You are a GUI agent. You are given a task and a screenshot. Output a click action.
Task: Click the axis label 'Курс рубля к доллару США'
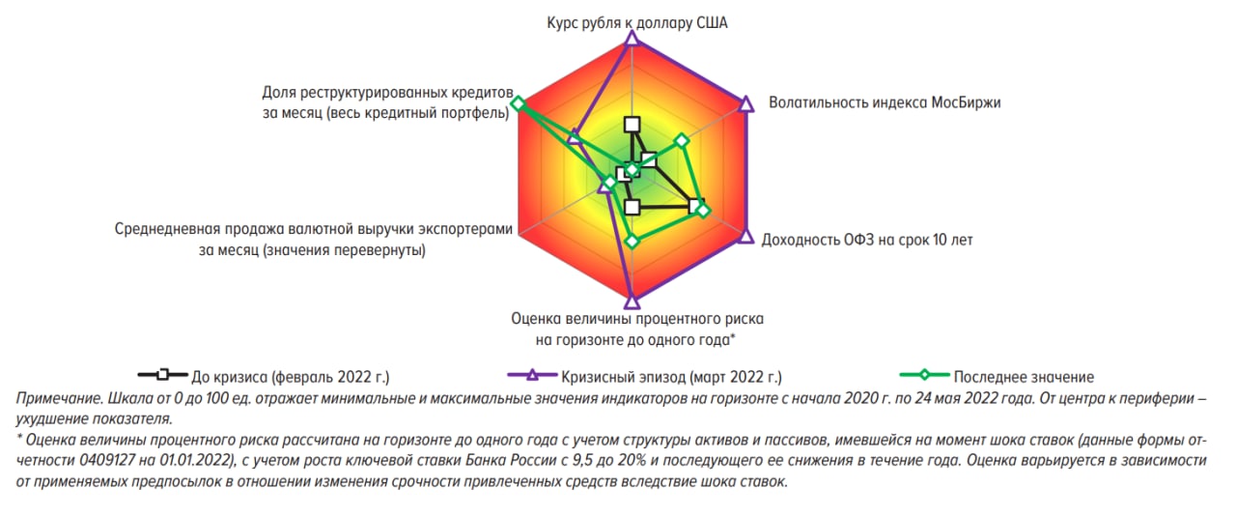(x=636, y=22)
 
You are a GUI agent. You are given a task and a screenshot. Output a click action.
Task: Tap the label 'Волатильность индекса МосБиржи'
(x=885, y=102)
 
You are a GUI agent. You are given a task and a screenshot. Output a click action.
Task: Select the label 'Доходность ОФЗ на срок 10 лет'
(x=867, y=240)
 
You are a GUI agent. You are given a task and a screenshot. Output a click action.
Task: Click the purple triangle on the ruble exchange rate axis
(x=632, y=39)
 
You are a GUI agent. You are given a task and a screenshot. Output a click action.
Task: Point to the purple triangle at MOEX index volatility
(x=746, y=103)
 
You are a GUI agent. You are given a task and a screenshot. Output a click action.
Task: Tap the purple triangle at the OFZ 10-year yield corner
(x=746, y=237)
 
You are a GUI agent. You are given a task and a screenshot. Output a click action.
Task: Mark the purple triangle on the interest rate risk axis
(x=632, y=302)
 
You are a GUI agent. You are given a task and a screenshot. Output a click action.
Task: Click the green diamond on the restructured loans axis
(x=518, y=103)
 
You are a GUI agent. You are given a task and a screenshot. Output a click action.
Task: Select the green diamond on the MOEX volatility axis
(x=682, y=141)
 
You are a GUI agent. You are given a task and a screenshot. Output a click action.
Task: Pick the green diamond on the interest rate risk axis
(x=632, y=242)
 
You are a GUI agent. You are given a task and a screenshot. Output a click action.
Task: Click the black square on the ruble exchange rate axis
(x=632, y=125)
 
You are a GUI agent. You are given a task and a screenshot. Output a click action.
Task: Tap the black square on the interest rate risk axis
(x=632, y=207)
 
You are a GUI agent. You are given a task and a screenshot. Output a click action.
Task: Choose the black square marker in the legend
(x=163, y=375)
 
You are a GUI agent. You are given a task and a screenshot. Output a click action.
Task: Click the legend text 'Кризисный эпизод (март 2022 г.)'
(x=671, y=377)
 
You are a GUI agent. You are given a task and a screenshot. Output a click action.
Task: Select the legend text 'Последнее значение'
(x=1024, y=377)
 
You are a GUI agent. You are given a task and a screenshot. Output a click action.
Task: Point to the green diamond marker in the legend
(x=924, y=375)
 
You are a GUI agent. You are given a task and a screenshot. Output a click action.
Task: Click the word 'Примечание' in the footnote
(x=59, y=398)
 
